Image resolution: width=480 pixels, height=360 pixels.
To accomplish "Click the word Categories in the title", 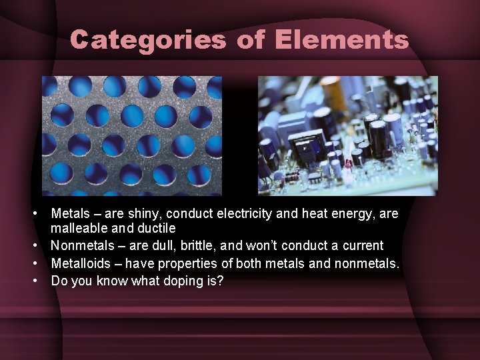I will [147, 40].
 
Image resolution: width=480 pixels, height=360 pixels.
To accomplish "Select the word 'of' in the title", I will [250, 40].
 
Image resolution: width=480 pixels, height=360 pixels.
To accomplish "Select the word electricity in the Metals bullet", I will [244, 214].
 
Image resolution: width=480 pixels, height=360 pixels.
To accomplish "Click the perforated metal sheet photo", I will [131, 135].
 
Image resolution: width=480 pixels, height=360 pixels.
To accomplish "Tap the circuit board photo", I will [347, 135].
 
